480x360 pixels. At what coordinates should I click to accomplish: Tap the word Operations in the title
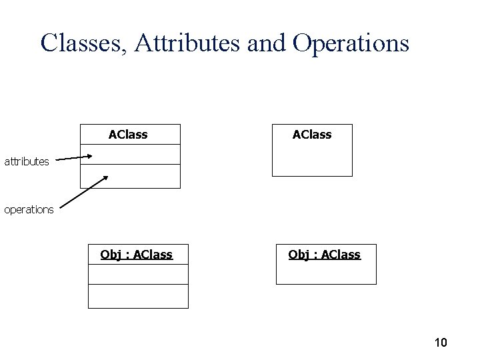(x=350, y=43)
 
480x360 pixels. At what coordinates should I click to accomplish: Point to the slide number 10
(x=440, y=343)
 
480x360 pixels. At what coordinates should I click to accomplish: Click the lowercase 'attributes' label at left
(x=27, y=161)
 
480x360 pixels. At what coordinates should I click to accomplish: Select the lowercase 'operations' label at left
(x=29, y=209)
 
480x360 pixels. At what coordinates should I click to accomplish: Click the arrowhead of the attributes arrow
(x=89, y=157)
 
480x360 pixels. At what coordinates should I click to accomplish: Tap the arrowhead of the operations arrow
(x=105, y=179)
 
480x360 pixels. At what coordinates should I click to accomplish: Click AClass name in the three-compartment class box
(x=128, y=135)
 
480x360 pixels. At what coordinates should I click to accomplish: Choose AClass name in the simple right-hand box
(x=312, y=135)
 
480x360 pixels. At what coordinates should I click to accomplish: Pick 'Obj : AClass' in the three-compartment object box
(x=136, y=254)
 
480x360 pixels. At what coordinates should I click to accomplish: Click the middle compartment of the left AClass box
(x=130, y=155)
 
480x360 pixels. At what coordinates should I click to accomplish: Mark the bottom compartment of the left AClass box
(x=130, y=176)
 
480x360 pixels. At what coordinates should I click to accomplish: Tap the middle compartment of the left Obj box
(x=138, y=275)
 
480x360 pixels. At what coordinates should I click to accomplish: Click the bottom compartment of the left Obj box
(x=138, y=296)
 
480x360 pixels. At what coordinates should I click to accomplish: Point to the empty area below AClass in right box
(x=312, y=160)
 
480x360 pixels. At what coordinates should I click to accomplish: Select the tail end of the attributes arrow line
(x=56, y=160)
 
